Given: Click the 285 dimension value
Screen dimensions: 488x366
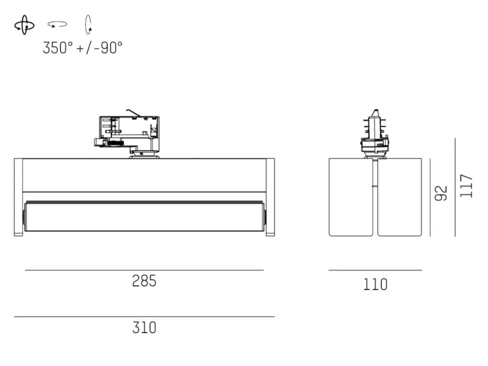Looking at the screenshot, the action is (x=144, y=281).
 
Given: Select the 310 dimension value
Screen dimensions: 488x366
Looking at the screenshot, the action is (x=144, y=328).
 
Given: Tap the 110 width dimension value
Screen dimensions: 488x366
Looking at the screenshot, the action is (x=375, y=284).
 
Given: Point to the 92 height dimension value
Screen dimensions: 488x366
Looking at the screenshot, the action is (x=440, y=193).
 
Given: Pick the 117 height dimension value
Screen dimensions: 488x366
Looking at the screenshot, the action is (x=466, y=186).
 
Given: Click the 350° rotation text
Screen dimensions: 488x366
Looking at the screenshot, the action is (x=58, y=48).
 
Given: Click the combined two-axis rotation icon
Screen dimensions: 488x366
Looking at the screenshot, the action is (x=24, y=25).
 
